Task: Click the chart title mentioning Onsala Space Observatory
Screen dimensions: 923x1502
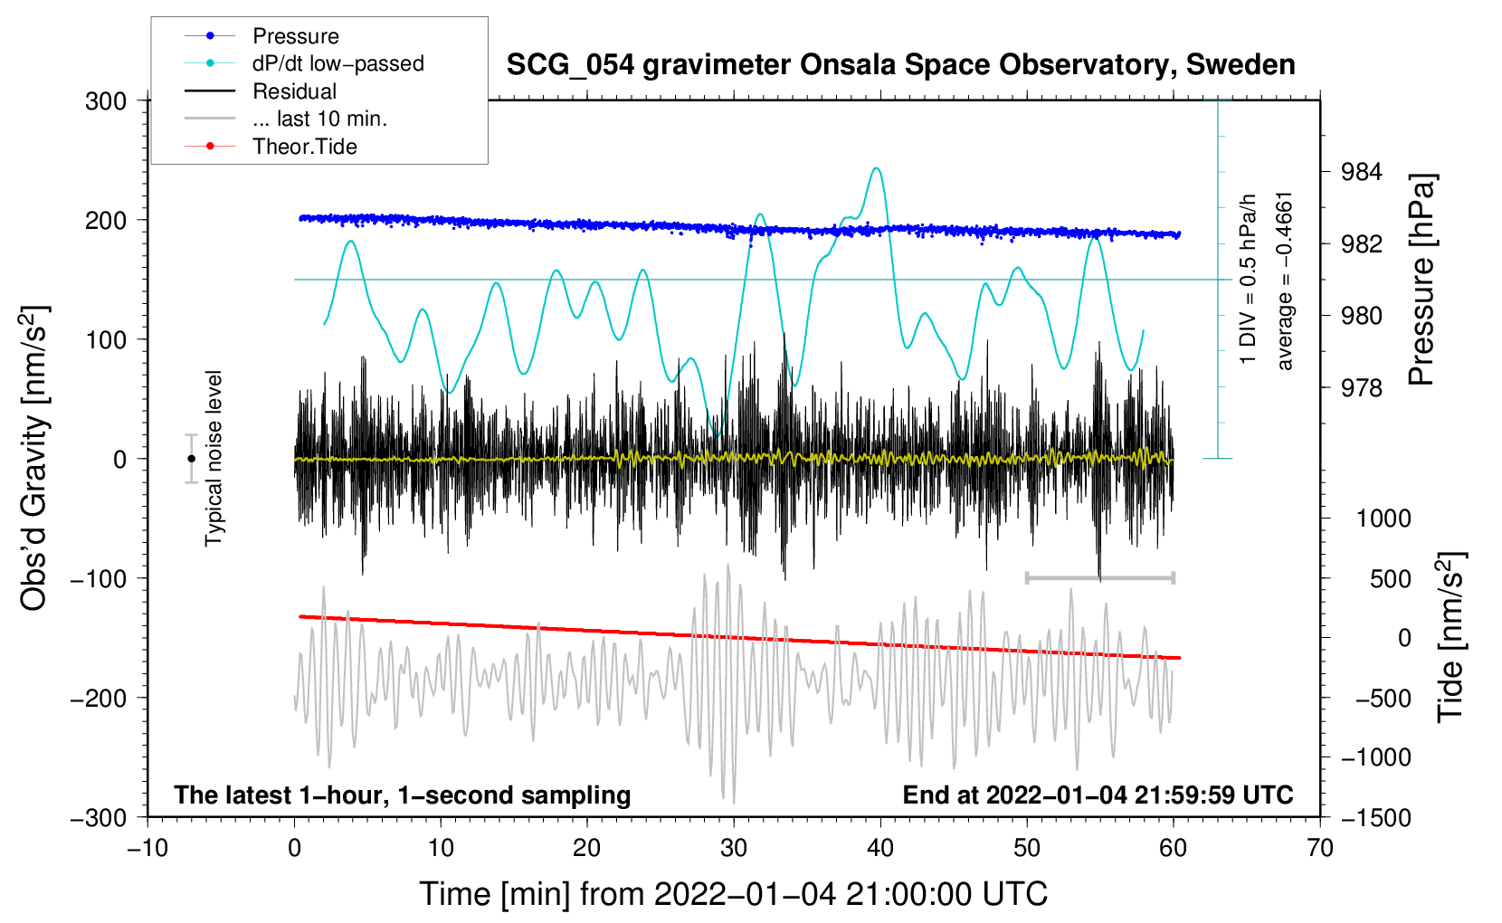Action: pos(900,65)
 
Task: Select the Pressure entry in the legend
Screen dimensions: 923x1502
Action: pos(295,36)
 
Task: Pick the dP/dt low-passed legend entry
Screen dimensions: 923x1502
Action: pos(337,63)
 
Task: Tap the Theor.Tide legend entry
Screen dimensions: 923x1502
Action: pos(304,147)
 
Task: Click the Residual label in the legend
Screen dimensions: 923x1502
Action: pos(294,91)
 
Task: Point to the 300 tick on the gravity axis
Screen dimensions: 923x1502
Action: pos(106,101)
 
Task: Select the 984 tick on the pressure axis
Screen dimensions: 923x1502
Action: pos(1362,172)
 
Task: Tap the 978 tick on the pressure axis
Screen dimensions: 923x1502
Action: pos(1362,388)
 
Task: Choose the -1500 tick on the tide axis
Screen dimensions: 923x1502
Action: pos(1375,818)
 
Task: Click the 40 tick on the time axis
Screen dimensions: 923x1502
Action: pos(880,848)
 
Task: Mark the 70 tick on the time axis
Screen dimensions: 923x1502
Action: pos(1320,848)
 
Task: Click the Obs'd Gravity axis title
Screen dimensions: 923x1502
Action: pos(33,458)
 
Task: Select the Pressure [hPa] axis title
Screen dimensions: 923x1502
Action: pos(1421,281)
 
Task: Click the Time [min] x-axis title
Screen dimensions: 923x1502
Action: pos(733,894)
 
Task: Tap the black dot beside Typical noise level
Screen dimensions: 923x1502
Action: pos(191,459)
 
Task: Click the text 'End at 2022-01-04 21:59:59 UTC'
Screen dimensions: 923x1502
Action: pos(1098,795)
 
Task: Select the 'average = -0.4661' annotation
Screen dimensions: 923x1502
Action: pos(1285,281)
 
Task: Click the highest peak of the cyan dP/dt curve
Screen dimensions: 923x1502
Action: pos(875,168)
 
